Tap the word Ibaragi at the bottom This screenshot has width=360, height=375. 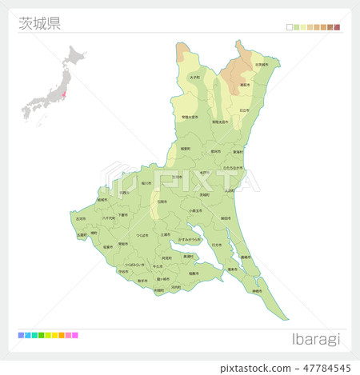[x=317, y=339]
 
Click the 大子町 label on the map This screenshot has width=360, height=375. [x=194, y=78]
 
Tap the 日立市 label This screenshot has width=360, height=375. [x=244, y=110]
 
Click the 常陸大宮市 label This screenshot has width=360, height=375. [x=190, y=118]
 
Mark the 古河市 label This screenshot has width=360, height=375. [x=81, y=218]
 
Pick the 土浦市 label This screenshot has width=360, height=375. [x=165, y=234]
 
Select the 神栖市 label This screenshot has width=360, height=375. [x=256, y=291]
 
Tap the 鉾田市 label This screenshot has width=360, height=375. [x=226, y=217]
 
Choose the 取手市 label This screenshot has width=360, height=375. [x=142, y=281]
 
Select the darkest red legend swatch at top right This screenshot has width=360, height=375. [x=338, y=27]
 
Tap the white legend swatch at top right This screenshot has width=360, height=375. [x=290, y=27]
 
